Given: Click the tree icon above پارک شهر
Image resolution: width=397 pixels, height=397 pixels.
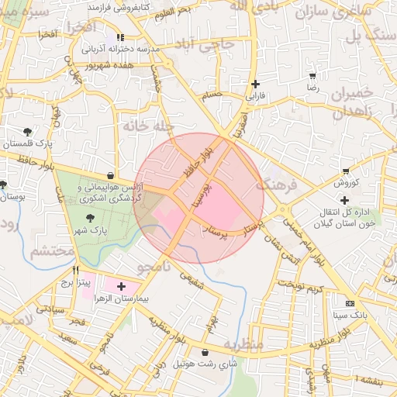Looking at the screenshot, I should coord(91,219).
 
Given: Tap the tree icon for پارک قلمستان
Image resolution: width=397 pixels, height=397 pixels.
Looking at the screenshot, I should coord(28,132).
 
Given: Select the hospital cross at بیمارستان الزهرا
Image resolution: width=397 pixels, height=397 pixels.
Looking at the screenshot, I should coord(120,287).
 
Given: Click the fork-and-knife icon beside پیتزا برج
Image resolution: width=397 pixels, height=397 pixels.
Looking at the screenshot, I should coord(75,271).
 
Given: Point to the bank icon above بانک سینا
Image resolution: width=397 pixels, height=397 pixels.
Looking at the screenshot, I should coord(350,303).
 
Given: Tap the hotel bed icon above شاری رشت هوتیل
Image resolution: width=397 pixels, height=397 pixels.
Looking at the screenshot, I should coord(204,352).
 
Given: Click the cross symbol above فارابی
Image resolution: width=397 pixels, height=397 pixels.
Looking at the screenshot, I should coord(255,85).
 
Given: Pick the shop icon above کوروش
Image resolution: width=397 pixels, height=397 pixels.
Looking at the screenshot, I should coord(345,171).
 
